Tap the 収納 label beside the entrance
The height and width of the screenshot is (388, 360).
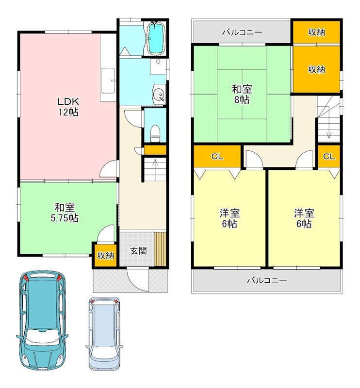(105, 255)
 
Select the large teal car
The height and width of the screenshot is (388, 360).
(42, 320)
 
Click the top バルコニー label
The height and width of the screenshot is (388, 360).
(242, 32)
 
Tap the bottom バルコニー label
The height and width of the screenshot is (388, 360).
(266, 280)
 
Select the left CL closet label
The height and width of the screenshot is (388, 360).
(217, 157)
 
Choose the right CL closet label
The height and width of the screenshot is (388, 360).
(329, 157)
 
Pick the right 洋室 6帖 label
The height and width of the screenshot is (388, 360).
(303, 218)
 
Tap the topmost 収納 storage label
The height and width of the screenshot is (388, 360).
(316, 32)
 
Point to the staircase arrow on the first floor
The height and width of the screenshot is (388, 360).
(155, 167)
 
